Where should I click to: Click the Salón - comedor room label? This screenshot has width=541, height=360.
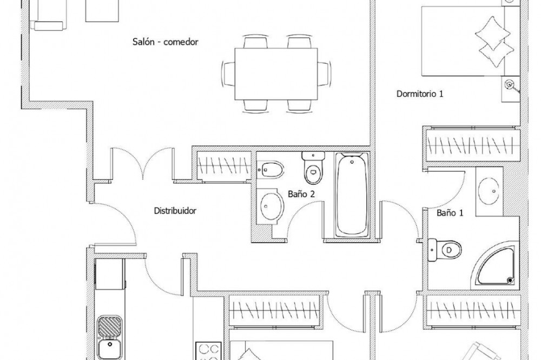click(165, 42)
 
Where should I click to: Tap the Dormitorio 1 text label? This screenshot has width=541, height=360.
click(420, 94)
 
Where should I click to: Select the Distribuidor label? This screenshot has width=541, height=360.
click(175, 210)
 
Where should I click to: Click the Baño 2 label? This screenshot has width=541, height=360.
click(301, 194)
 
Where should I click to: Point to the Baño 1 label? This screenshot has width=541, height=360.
click(450, 213)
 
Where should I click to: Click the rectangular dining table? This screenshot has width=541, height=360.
click(276, 74)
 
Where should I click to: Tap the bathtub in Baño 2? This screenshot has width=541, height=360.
click(352, 195)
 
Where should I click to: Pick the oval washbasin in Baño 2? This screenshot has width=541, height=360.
click(270, 206)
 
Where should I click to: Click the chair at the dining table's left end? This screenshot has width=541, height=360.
click(228, 74)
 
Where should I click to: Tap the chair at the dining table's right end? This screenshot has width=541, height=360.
click(324, 74)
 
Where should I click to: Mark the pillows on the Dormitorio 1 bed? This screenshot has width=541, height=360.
click(493, 42)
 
